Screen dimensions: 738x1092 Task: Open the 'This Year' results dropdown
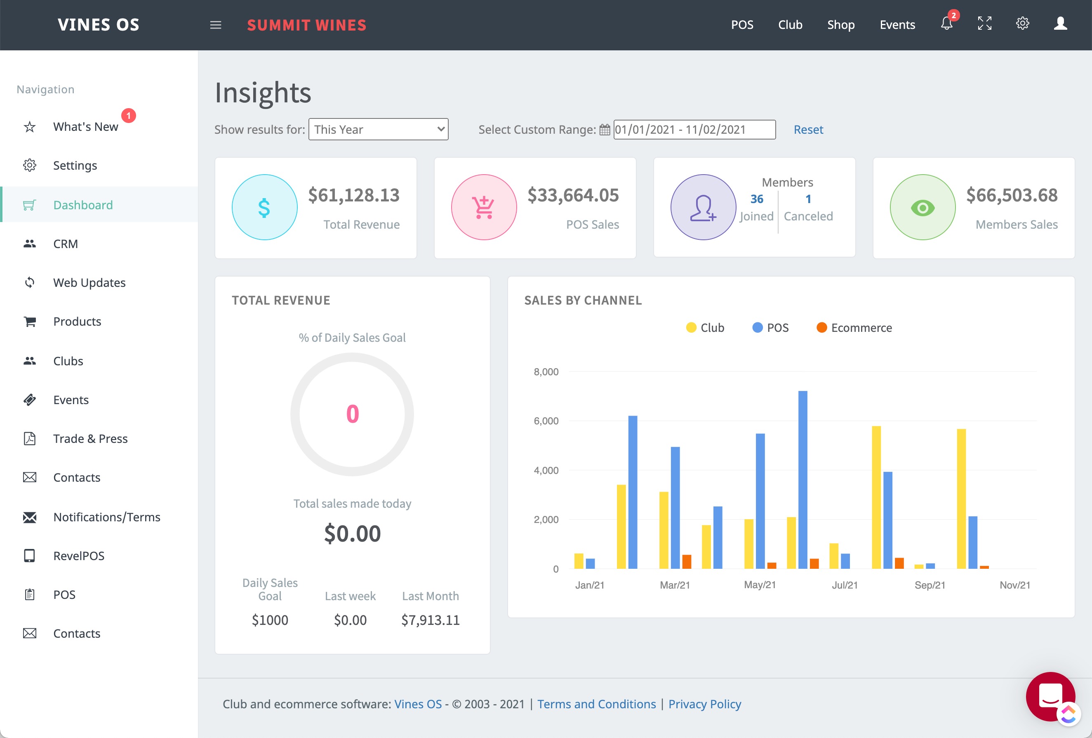378,129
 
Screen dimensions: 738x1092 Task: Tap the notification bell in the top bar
946,24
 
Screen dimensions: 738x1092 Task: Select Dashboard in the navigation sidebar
83,205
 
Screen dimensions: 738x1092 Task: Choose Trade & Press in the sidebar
90,438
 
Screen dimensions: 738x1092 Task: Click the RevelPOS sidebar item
78,556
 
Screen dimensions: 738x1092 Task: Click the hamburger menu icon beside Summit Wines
216,25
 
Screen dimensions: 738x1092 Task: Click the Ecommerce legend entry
854,327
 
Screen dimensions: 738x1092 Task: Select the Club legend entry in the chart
705,327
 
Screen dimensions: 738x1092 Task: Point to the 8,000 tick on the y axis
546,371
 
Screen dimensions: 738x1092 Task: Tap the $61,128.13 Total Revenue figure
353,195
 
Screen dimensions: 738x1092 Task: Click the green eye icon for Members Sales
923,208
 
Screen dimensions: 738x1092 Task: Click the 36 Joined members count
756,199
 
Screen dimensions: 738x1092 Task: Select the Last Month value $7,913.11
431,620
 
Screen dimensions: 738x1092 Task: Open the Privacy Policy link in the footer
704,704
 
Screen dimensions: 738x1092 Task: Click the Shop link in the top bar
840,24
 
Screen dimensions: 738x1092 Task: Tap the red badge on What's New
129,115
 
